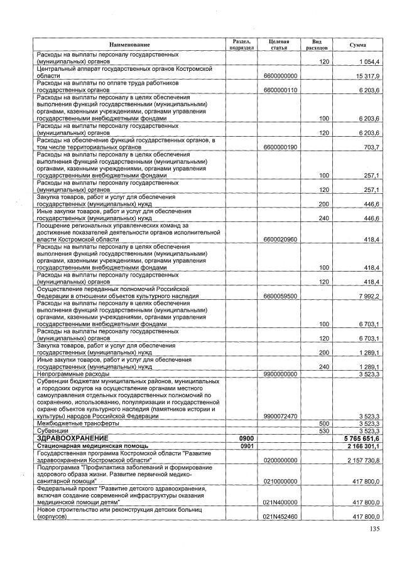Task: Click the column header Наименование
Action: tap(130, 45)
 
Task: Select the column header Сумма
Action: tap(358, 45)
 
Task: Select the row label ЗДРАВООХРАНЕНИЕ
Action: tap(73, 438)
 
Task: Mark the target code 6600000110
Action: tap(280, 90)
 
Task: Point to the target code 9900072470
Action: tap(280, 416)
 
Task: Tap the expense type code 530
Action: tap(324, 431)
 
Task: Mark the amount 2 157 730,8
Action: tap(362, 460)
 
